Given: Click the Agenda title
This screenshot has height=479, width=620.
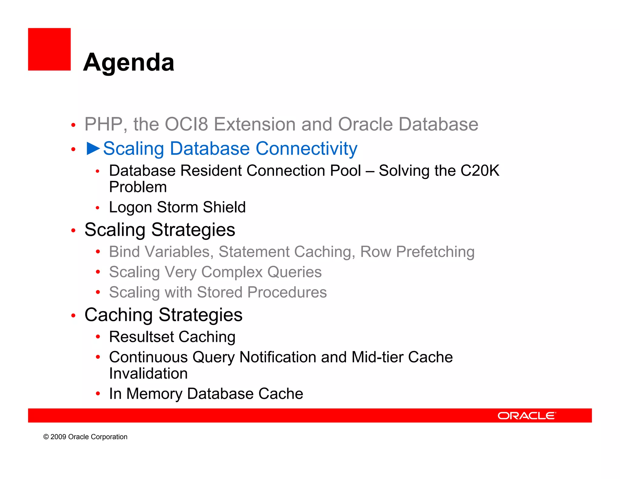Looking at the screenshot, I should (129, 62).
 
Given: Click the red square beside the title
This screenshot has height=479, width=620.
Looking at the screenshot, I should (49, 49).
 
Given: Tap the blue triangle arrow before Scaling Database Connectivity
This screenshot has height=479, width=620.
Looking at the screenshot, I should (93, 148).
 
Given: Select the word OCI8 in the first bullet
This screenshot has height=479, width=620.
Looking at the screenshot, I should (186, 124).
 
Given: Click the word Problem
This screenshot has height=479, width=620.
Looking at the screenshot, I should (138, 187).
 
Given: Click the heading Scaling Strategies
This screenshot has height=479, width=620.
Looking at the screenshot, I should (160, 230).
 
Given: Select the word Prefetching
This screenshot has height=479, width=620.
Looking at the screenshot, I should (435, 252).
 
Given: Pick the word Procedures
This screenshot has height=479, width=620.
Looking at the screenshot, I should (287, 292).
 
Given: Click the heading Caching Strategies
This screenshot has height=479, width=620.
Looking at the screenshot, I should (163, 315).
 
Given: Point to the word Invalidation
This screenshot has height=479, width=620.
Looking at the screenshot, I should (148, 373).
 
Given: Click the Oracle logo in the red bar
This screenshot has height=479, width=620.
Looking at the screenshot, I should (526, 416).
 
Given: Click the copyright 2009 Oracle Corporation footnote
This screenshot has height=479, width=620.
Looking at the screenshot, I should (85, 437).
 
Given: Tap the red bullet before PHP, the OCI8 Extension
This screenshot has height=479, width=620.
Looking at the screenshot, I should (73, 125).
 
